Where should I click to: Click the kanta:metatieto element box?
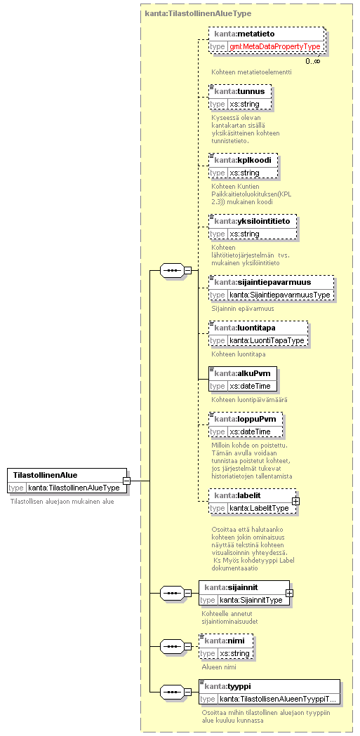point(267,40)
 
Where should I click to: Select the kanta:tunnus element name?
point(239,91)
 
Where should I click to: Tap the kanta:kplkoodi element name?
point(243,160)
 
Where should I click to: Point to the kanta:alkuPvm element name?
point(242,373)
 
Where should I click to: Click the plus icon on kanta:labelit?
point(296,501)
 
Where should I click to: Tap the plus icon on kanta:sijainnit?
point(290,594)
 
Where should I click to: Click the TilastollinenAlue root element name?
point(46,475)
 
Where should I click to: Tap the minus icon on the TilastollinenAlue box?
point(127,481)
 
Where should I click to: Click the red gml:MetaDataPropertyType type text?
point(275,46)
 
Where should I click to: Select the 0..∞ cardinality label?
point(312,61)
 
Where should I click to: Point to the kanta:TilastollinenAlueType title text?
point(198,13)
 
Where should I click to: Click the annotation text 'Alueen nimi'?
point(219,667)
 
